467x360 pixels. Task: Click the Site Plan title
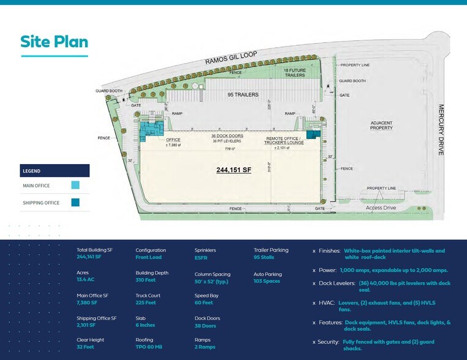coord(54,42)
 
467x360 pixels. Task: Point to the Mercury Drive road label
coord(440,130)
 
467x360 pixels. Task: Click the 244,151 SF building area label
coord(234,170)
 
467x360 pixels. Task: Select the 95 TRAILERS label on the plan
coord(243,95)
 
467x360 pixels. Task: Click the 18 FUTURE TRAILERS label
coord(294,73)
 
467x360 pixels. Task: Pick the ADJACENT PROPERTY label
coord(381,126)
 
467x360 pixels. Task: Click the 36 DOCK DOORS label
coord(227,135)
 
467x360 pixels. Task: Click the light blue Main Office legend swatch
coord(75,186)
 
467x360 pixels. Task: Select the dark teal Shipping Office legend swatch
coord(75,203)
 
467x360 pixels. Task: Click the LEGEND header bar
coord(54,171)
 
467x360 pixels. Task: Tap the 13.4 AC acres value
coord(86,280)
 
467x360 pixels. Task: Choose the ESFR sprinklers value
coord(201,258)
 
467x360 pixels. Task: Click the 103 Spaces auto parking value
coord(267,281)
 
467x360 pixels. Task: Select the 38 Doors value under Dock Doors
coord(206,326)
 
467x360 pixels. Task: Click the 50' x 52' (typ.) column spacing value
coord(212,281)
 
